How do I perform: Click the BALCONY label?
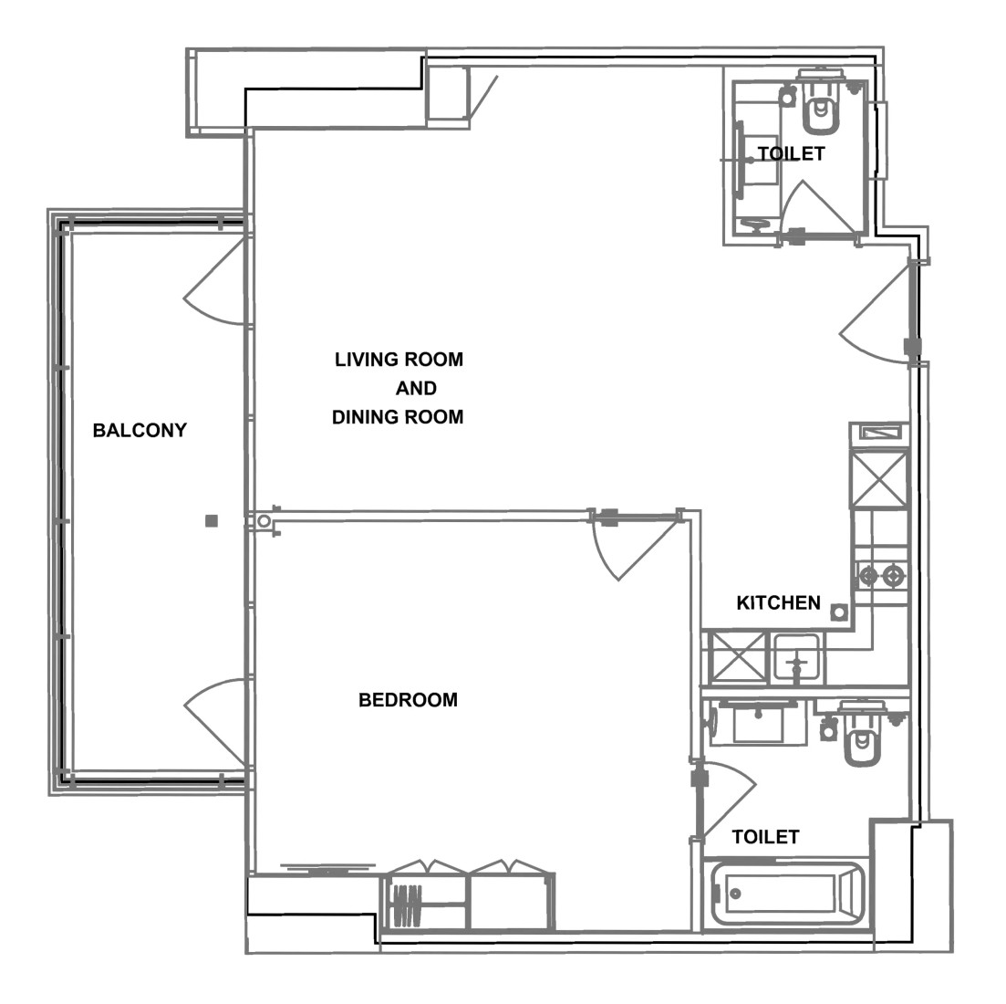point(140,430)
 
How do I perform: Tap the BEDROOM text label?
point(408,700)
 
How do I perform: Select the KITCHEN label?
point(778,602)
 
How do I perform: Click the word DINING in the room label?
point(365,417)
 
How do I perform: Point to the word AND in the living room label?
point(416,389)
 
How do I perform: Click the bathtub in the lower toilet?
point(788,893)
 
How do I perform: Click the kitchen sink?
point(796,657)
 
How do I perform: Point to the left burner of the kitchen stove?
point(868,576)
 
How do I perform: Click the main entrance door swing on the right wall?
point(876,315)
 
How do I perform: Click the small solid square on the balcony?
point(211,520)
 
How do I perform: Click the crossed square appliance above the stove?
point(880,479)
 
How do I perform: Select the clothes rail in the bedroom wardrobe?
point(407,905)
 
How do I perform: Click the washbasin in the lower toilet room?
point(758,723)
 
